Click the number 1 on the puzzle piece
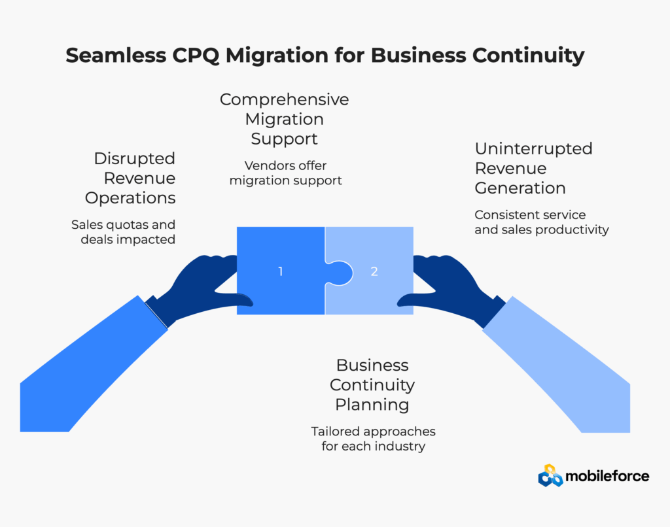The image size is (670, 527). click(x=280, y=271)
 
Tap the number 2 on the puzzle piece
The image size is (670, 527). click(x=374, y=271)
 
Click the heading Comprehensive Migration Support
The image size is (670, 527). click(x=284, y=119)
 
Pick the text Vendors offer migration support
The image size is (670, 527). click(x=285, y=173)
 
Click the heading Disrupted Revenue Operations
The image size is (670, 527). click(x=134, y=178)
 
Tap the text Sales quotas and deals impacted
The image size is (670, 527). click(x=123, y=231)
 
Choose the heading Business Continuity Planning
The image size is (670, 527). click(x=372, y=384)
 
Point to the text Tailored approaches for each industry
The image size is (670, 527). click(x=373, y=439)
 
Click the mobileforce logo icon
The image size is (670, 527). click(x=550, y=476)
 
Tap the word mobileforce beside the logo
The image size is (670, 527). click(x=608, y=476)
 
